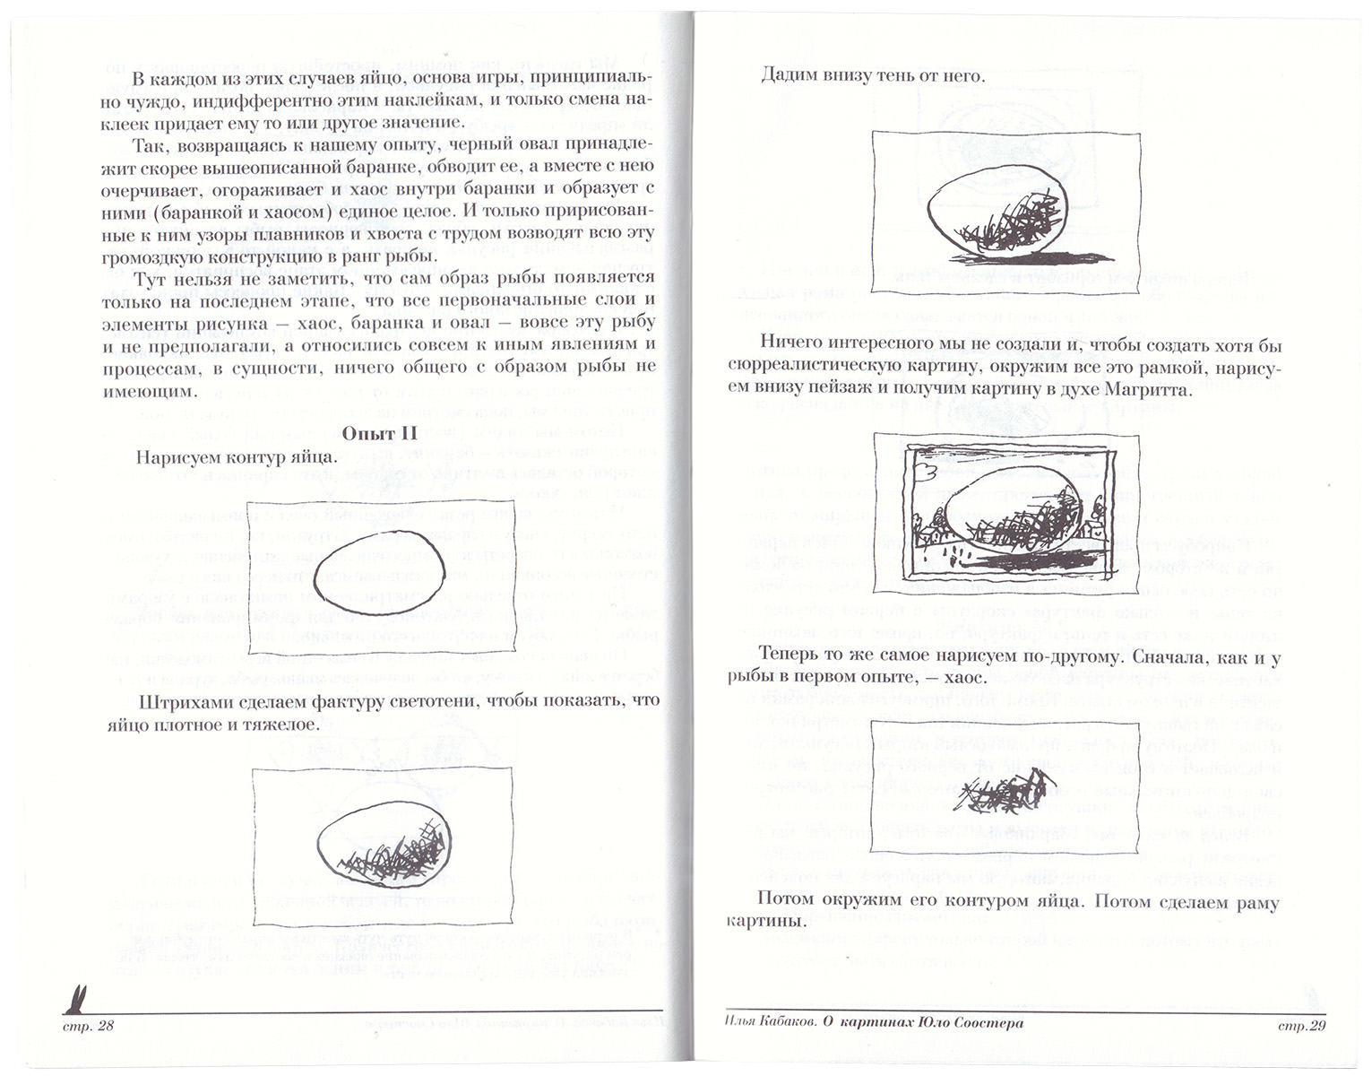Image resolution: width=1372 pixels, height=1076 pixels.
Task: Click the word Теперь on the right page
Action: [790, 656]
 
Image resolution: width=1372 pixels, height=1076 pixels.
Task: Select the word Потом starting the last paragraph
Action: [786, 900]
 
